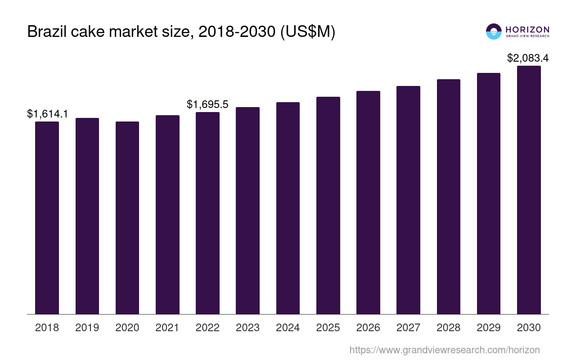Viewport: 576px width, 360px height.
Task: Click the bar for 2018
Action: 47,218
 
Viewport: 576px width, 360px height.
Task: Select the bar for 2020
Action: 127,218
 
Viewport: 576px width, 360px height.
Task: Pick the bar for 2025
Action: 328,205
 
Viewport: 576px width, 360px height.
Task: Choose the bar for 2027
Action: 408,200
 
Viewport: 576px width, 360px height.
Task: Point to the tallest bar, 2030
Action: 529,190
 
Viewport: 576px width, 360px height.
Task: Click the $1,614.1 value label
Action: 47,114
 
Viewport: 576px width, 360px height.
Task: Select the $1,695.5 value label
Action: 207,104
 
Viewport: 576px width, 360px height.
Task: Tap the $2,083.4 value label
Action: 528,58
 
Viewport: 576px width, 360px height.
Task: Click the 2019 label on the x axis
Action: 87,328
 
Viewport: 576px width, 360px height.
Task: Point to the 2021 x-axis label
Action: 167,328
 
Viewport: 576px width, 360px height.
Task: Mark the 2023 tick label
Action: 247,328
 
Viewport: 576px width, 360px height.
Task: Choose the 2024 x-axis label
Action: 288,328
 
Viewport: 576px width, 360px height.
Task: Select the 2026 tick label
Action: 368,328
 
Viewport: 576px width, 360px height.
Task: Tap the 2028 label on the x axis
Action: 448,328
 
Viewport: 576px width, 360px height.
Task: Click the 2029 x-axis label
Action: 489,328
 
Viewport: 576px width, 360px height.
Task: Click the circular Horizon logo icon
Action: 494,31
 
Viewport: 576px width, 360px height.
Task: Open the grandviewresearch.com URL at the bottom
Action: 444,350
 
